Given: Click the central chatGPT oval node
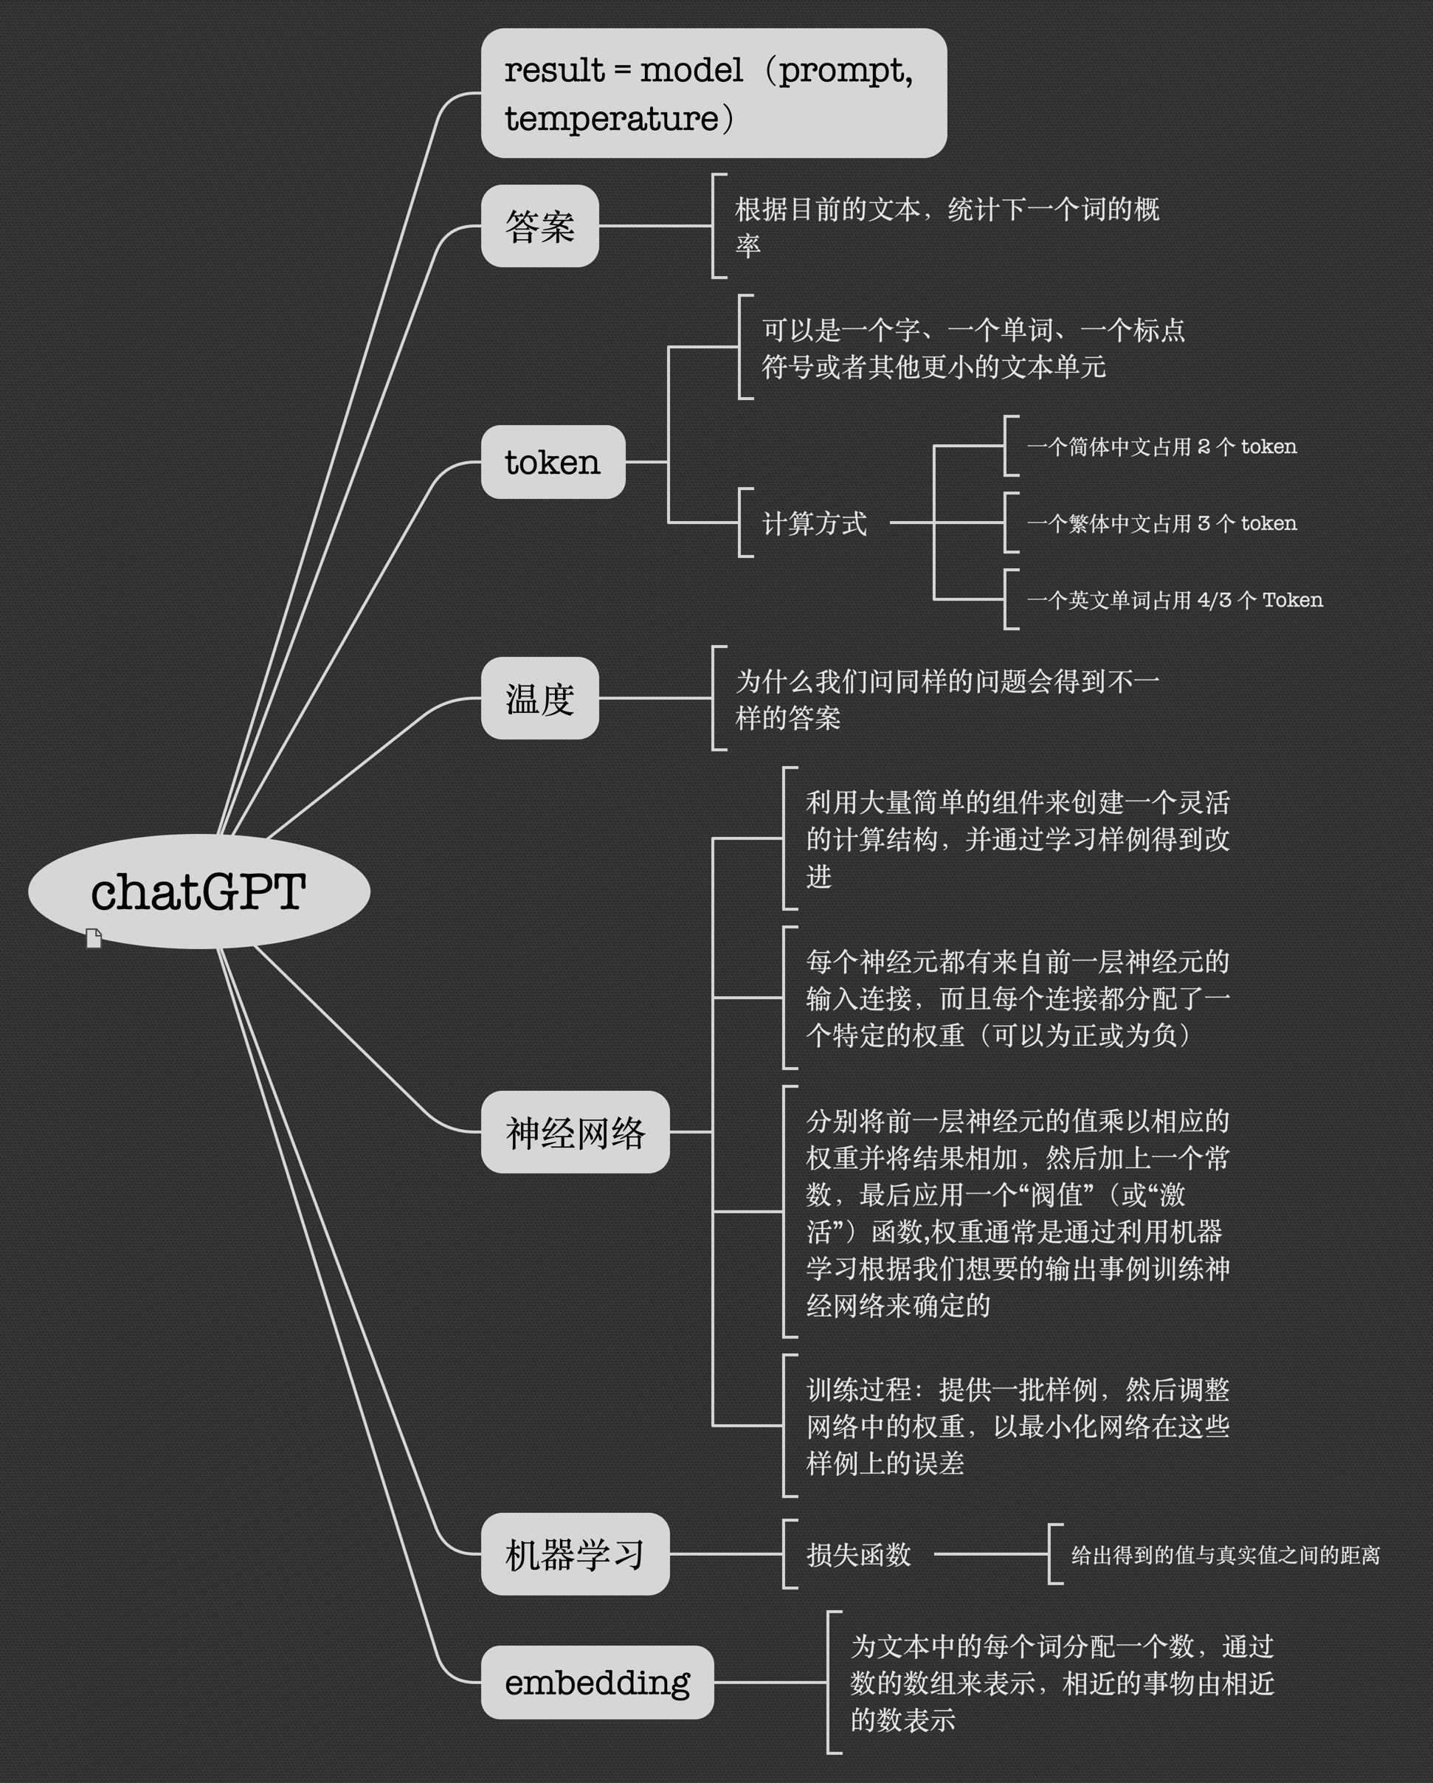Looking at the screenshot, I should (198, 891).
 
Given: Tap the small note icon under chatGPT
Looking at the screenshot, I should (94, 939).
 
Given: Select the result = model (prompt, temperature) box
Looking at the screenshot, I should (713, 93).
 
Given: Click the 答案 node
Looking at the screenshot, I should (539, 226).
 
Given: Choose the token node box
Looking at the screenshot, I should (553, 461).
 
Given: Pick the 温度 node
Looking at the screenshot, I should (539, 698).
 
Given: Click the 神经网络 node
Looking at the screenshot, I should (575, 1131).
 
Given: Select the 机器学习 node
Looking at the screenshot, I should (575, 1554).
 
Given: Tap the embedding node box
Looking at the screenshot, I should (596, 1682).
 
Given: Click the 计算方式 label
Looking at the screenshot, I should (814, 523).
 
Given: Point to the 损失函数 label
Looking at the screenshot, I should (858, 1554).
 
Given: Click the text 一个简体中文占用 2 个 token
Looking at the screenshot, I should (1161, 446).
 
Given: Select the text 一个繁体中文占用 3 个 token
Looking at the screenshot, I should (1161, 523).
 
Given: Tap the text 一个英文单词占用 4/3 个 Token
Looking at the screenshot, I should (1174, 599).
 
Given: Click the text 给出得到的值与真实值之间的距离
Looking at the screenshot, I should (1225, 1555).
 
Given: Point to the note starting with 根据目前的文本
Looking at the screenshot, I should (947, 226).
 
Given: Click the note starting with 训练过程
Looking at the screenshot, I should (1017, 1426).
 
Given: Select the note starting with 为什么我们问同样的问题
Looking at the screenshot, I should (947, 699).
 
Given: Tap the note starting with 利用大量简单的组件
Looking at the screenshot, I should (1017, 838).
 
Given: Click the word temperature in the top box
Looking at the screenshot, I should (611, 118).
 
